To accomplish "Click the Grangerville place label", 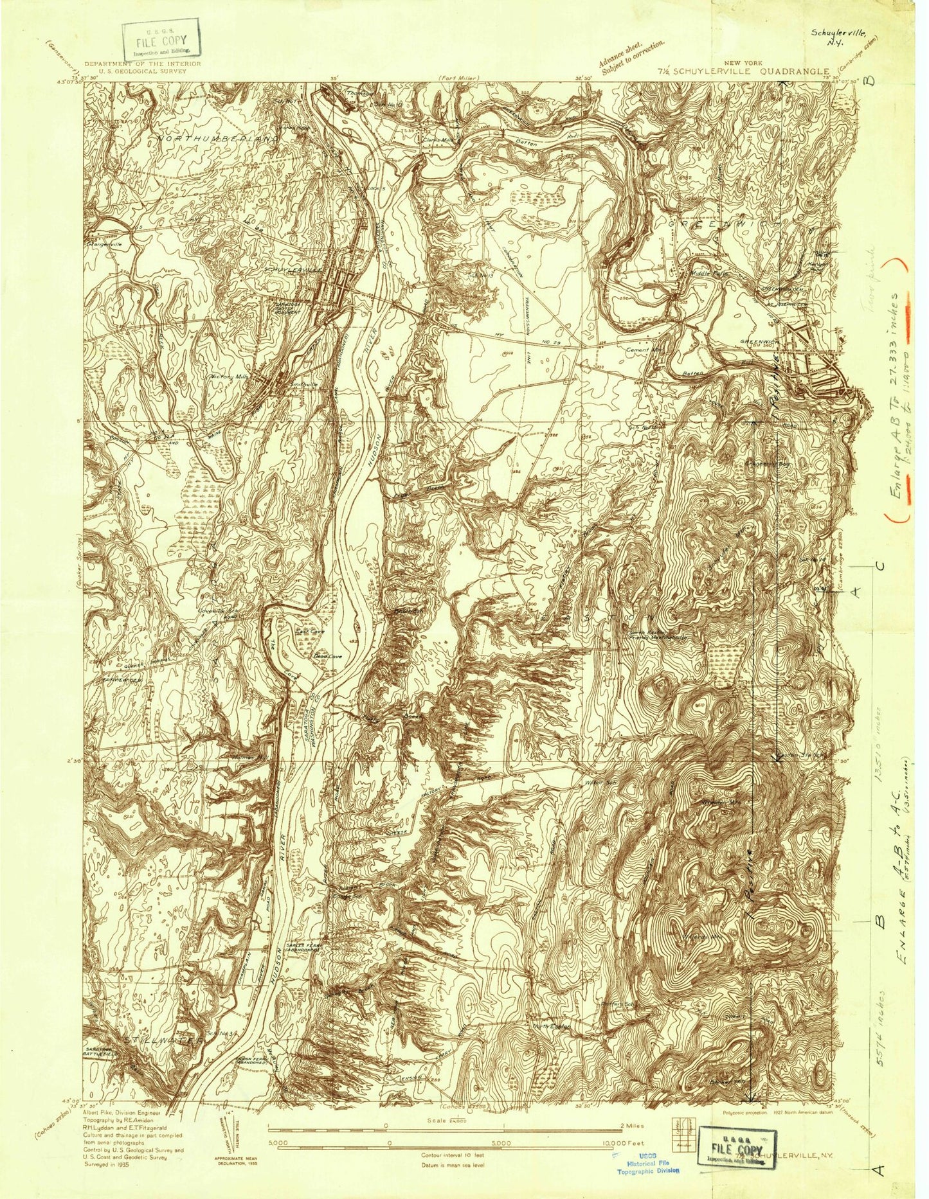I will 104,245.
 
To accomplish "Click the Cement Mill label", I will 645,350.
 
